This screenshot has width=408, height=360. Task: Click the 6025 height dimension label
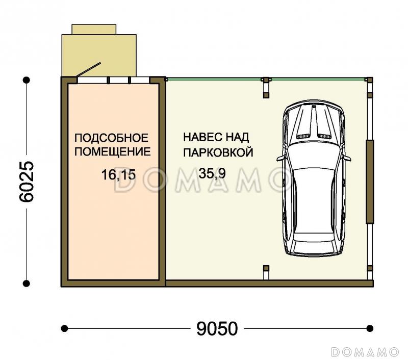pos(27,182)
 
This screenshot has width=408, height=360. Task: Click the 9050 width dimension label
pos(217,328)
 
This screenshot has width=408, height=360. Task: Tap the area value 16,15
pos(118,174)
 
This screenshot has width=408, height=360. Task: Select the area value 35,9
pos(212,173)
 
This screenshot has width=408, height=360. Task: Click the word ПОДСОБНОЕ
pos(111,138)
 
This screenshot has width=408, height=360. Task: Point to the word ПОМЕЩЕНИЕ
pos(113,151)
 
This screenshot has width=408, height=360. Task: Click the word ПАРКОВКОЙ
pos(218,152)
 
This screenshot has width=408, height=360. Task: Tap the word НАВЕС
pos(201,137)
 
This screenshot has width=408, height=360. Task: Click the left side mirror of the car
pos(280,158)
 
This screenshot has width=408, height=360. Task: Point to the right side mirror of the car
pos(347,158)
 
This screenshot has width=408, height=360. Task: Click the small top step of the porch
pos(94,29)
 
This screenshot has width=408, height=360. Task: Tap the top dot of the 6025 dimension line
pos(27,80)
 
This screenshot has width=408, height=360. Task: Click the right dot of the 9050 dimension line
pos(370,328)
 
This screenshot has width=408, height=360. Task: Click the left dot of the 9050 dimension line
pos(64,328)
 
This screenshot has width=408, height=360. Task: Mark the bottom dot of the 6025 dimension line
pos(27,284)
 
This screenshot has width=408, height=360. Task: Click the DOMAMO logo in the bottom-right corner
pos(365,352)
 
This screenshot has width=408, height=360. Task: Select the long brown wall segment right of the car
pos(370,182)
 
